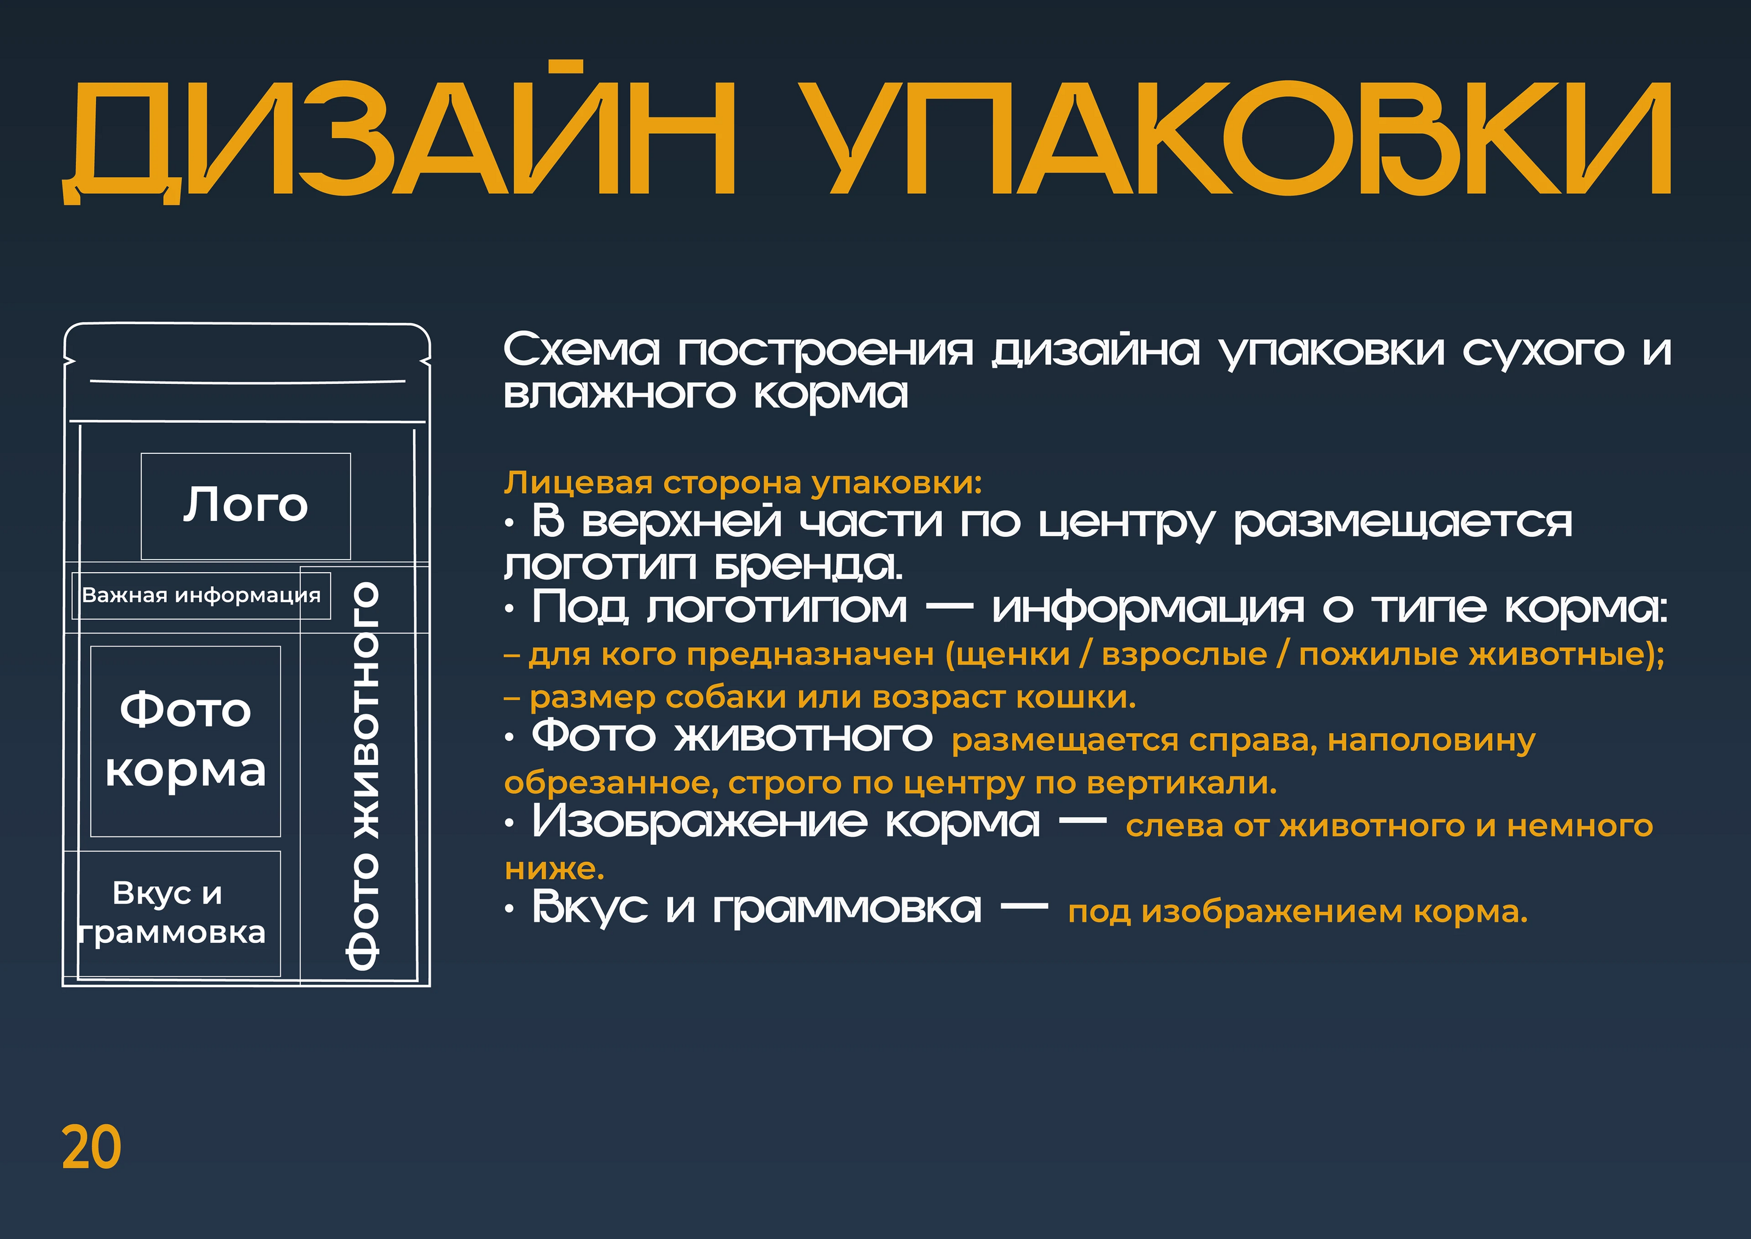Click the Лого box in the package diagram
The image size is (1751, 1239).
click(246, 506)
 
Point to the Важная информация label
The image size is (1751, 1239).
click(201, 595)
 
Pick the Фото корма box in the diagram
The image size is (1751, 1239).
click(185, 741)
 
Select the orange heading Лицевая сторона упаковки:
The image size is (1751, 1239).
click(743, 483)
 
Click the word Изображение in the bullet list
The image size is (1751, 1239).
click(699, 823)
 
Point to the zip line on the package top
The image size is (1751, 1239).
click(247, 380)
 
